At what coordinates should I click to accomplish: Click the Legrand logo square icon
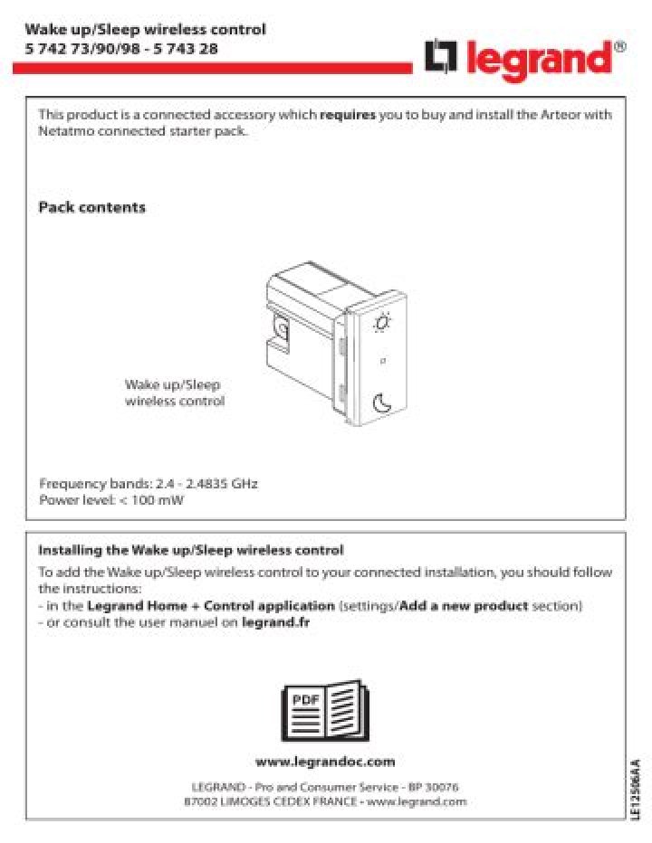441,58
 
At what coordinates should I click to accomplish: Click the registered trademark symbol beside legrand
619,45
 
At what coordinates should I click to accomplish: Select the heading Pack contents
91,208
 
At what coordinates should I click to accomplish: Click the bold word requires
347,115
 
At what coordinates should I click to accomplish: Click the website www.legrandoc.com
325,762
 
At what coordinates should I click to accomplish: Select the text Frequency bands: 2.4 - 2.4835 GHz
149,484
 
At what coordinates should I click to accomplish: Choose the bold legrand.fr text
276,622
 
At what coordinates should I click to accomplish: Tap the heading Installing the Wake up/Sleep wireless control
190,550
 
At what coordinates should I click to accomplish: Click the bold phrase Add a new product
464,605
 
